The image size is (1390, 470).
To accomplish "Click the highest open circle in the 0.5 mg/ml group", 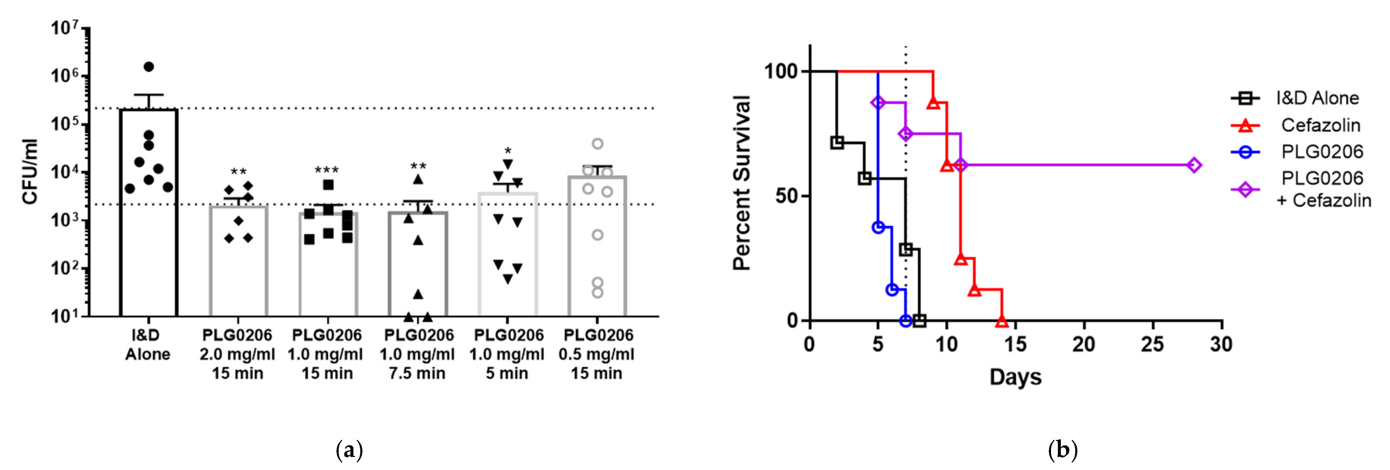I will pos(597,144).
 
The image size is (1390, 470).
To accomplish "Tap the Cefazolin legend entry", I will pos(1320,125).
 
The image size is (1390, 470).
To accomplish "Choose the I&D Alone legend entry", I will pos(1317,98).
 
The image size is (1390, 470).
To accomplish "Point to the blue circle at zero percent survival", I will pos(906,321).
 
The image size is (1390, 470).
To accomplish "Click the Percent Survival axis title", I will pos(742,183).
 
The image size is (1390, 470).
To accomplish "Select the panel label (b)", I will pos(1062,449).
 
